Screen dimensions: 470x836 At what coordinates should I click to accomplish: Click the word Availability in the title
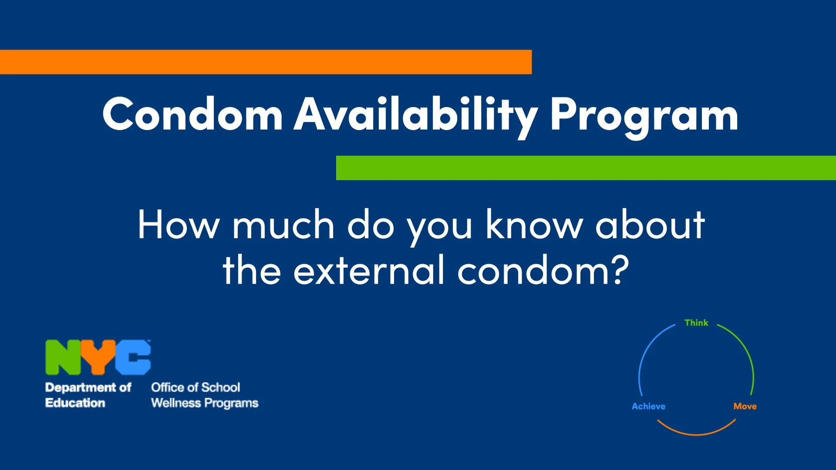[x=416, y=114]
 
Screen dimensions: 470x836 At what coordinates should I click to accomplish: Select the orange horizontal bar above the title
[x=266, y=62]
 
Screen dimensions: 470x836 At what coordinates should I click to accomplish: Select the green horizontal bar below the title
[x=586, y=168]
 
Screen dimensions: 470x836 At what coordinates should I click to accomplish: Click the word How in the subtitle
[x=179, y=225]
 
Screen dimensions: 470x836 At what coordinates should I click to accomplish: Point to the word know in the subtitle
[x=534, y=225]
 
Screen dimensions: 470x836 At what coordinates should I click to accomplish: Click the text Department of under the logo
[x=88, y=387]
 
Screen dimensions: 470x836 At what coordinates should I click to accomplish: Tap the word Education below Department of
[x=75, y=403]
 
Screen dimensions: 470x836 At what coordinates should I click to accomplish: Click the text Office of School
[x=196, y=387]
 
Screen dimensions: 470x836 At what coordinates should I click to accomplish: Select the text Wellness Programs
[x=205, y=403]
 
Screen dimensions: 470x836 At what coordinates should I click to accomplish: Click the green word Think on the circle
[x=696, y=323]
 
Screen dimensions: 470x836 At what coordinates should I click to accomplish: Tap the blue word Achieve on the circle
[x=648, y=406]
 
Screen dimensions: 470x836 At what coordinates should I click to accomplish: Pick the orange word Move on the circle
[x=745, y=406]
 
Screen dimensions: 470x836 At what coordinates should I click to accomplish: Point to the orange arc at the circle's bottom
[x=696, y=434]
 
